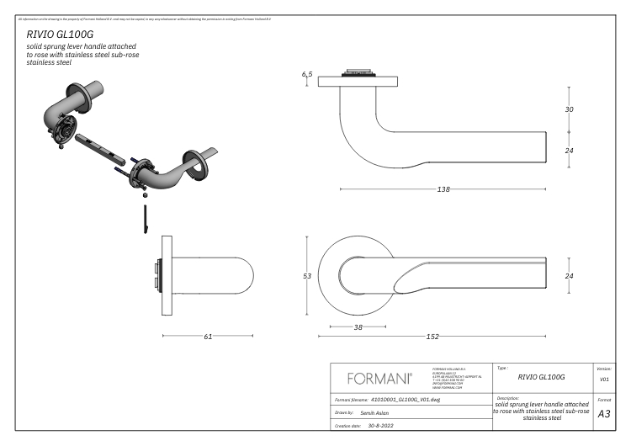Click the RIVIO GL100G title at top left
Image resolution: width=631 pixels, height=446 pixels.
coord(60,34)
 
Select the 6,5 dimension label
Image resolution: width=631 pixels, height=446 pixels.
coord(307,75)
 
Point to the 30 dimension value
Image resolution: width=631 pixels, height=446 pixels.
coord(569,109)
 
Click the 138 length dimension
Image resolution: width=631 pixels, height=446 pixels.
coord(443,189)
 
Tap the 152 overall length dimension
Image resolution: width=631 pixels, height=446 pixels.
coord(433,337)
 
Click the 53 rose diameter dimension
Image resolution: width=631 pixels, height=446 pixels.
coord(308,275)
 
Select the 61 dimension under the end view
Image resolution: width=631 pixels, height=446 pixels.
coord(208,337)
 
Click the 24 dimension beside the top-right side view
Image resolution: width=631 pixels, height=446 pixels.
coord(569,151)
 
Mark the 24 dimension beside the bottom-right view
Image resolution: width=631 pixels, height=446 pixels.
coord(569,276)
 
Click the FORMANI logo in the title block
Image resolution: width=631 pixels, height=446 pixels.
coord(379,376)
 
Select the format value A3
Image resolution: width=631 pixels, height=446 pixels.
coord(603,413)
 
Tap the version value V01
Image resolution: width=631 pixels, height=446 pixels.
coord(603,380)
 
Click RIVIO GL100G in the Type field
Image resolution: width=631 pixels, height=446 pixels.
coord(540,377)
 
